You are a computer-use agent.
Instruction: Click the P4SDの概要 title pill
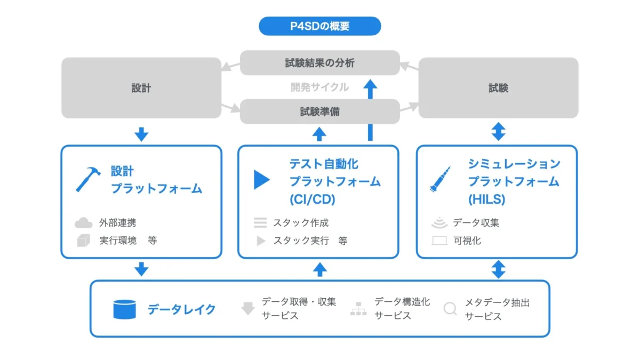click(319, 26)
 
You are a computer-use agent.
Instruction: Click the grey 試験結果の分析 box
click(319, 63)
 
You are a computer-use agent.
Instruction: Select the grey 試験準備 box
click(319, 111)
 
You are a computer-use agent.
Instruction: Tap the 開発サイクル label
click(319, 87)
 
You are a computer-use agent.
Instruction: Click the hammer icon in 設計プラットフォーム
click(88, 179)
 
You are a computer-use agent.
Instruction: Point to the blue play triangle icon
click(261, 180)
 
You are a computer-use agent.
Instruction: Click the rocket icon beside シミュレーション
click(441, 179)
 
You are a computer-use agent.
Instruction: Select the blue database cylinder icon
click(124, 309)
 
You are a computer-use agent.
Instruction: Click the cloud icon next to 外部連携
click(83, 222)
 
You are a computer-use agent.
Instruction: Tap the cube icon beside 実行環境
click(83, 241)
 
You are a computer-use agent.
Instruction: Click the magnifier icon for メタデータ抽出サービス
click(450, 309)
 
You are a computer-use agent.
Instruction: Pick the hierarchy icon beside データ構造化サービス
click(358, 309)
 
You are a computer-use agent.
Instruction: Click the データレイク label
click(181, 309)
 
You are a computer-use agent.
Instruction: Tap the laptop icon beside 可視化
click(439, 241)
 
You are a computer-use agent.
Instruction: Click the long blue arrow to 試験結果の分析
click(371, 109)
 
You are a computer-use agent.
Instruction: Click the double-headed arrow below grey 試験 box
click(498, 131)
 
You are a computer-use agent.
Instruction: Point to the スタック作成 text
click(301, 223)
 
